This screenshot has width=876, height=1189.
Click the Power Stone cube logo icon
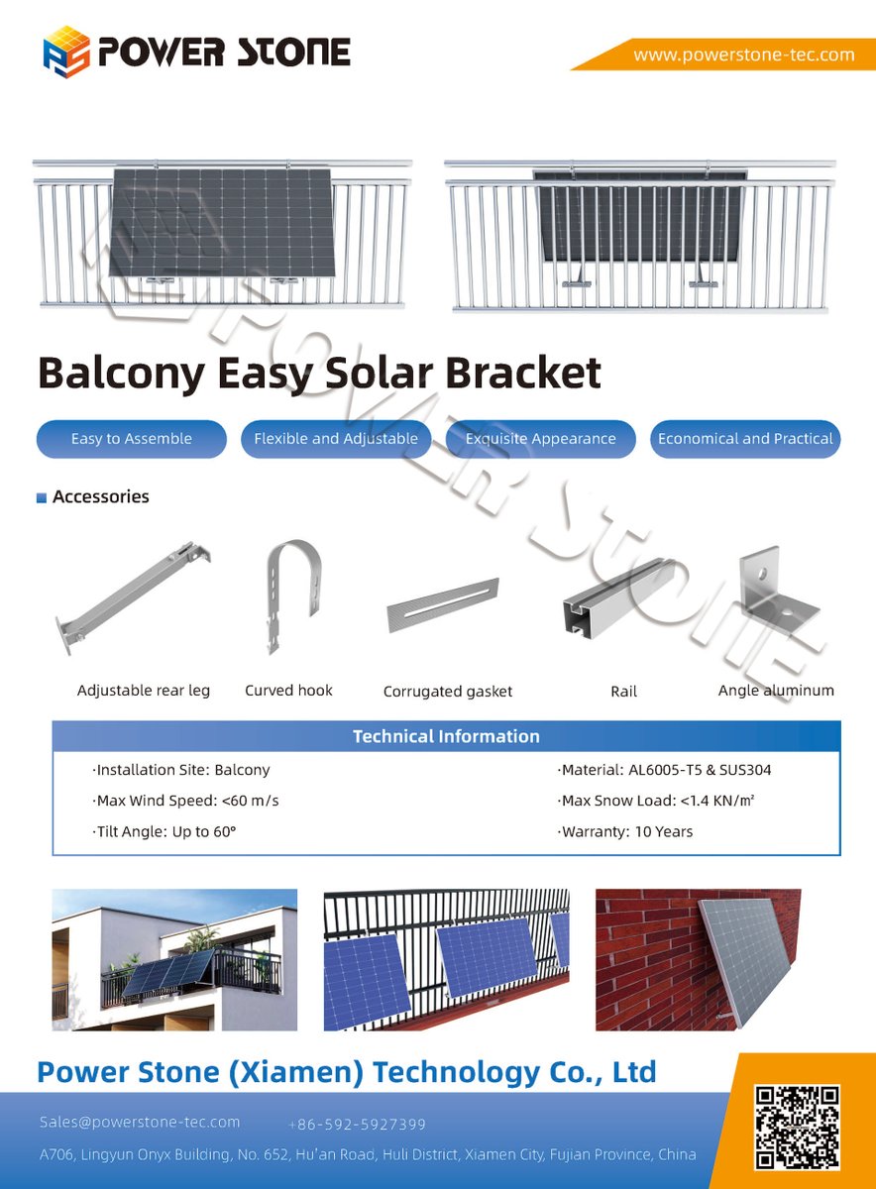point(66,53)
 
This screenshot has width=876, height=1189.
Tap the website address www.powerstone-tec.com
point(743,54)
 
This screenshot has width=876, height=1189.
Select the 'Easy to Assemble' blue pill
point(132,439)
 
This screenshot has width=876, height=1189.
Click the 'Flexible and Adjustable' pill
point(336,439)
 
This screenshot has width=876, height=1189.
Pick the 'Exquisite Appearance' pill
point(540,439)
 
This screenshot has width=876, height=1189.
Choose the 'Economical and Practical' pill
point(745,439)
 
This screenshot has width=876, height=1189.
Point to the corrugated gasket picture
point(443,605)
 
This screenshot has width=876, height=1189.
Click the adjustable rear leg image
point(134,595)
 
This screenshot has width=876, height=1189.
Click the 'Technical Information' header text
point(446,736)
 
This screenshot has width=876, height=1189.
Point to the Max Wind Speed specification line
point(186,801)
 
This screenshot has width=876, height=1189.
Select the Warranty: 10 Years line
point(625,831)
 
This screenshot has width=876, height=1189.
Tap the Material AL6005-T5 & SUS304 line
point(665,770)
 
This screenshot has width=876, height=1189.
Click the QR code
point(797,1127)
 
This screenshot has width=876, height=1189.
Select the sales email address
point(140,1123)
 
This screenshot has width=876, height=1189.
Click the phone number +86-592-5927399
point(357,1125)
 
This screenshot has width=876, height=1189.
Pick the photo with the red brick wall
point(698,959)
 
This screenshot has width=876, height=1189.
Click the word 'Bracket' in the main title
point(522,373)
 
